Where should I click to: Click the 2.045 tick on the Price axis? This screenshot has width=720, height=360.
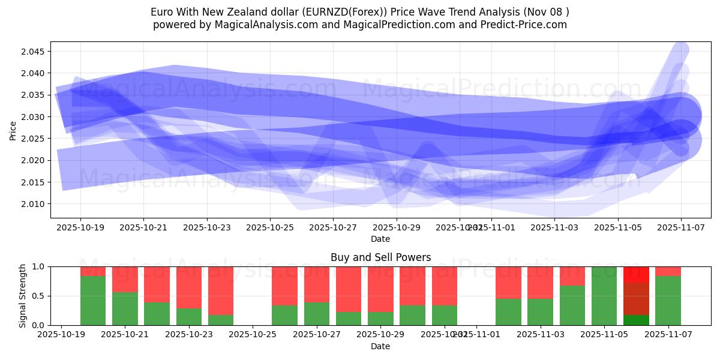[x=34, y=52]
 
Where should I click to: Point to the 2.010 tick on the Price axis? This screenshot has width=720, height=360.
[x=34, y=204]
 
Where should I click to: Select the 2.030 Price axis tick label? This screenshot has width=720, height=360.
[x=34, y=117]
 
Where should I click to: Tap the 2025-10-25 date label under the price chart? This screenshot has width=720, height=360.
[x=270, y=228]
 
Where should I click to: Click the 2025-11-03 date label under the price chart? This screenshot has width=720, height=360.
[x=554, y=228]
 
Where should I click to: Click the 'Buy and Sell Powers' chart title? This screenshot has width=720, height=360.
[x=380, y=257]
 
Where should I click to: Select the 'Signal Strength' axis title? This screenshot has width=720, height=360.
[x=22, y=296]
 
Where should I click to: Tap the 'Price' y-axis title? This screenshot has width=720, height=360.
[x=13, y=130]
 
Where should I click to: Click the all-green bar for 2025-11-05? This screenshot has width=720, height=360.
[x=604, y=296]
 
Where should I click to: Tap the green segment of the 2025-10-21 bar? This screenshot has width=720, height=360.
[x=125, y=308]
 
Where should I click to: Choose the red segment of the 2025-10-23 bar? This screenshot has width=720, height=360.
[x=189, y=287]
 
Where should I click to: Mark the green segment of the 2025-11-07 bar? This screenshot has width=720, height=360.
[x=668, y=300]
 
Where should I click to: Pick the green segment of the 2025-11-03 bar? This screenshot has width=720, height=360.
[x=540, y=312]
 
